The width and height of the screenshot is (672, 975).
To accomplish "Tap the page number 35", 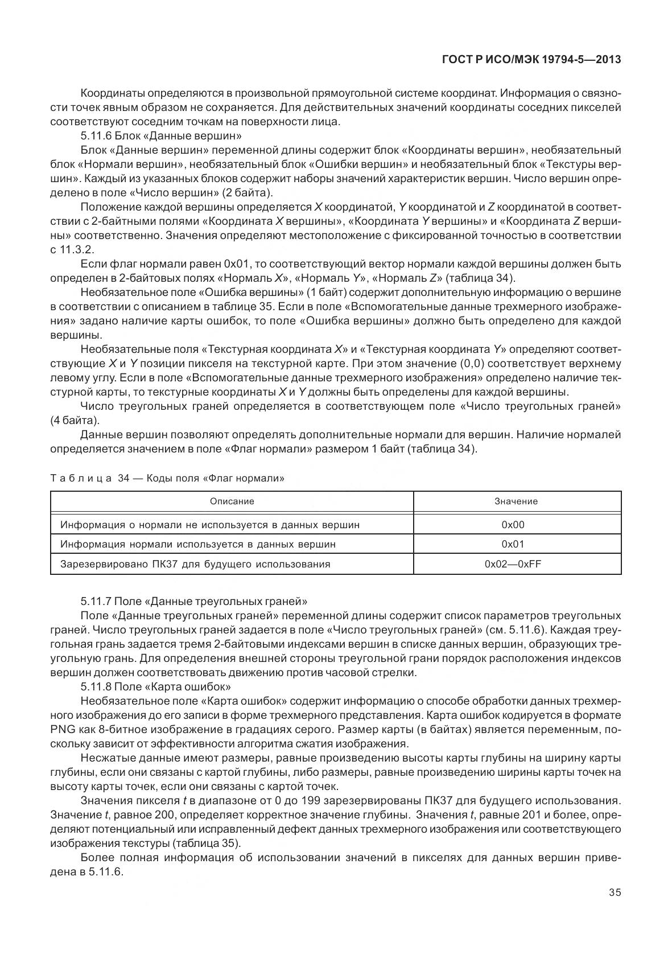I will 615,892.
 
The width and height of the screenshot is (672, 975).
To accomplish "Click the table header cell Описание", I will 232,501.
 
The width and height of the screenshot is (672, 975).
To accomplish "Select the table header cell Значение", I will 516,501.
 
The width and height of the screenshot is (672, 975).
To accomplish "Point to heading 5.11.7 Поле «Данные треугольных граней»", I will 194,601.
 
